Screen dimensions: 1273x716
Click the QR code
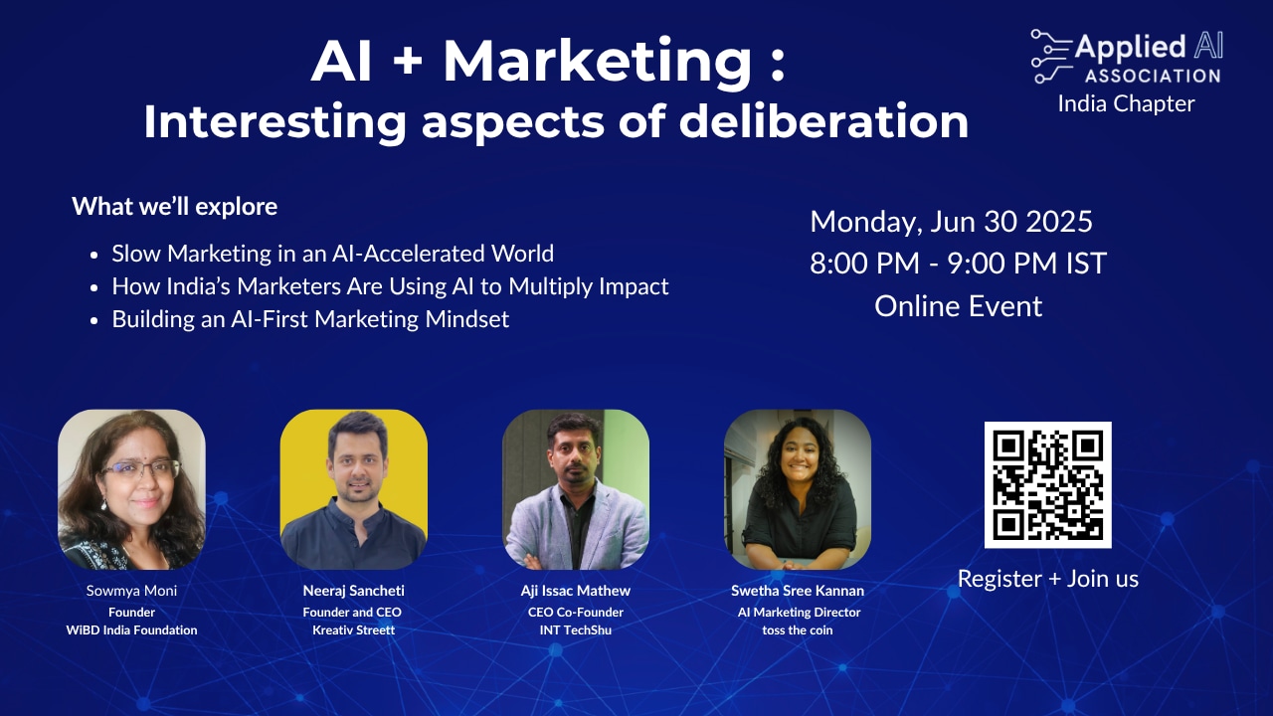click(1048, 484)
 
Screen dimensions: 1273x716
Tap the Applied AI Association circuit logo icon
click(1051, 57)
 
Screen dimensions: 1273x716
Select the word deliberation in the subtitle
click(824, 121)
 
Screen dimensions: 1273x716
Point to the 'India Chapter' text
click(1127, 104)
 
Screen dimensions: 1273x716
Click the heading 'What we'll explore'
click(174, 206)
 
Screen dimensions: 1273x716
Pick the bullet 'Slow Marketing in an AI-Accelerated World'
click(332, 254)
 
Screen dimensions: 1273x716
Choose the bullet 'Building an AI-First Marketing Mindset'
click(310, 319)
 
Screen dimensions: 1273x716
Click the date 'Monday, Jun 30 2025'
click(952, 222)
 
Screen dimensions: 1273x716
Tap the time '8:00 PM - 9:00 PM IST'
click(958, 264)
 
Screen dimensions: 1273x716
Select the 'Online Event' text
click(958, 306)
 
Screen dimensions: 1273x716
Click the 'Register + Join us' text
click(1048, 579)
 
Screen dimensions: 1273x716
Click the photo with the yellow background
click(353, 489)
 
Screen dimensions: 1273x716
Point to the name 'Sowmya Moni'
click(132, 591)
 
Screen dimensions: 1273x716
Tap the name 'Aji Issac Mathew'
click(576, 591)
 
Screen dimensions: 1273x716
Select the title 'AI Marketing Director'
click(799, 613)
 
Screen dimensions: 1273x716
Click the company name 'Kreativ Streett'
click(353, 630)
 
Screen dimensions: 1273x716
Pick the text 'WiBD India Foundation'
click(132, 630)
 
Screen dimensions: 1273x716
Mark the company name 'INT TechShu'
click(576, 630)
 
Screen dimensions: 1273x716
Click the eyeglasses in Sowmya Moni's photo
click(140, 469)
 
